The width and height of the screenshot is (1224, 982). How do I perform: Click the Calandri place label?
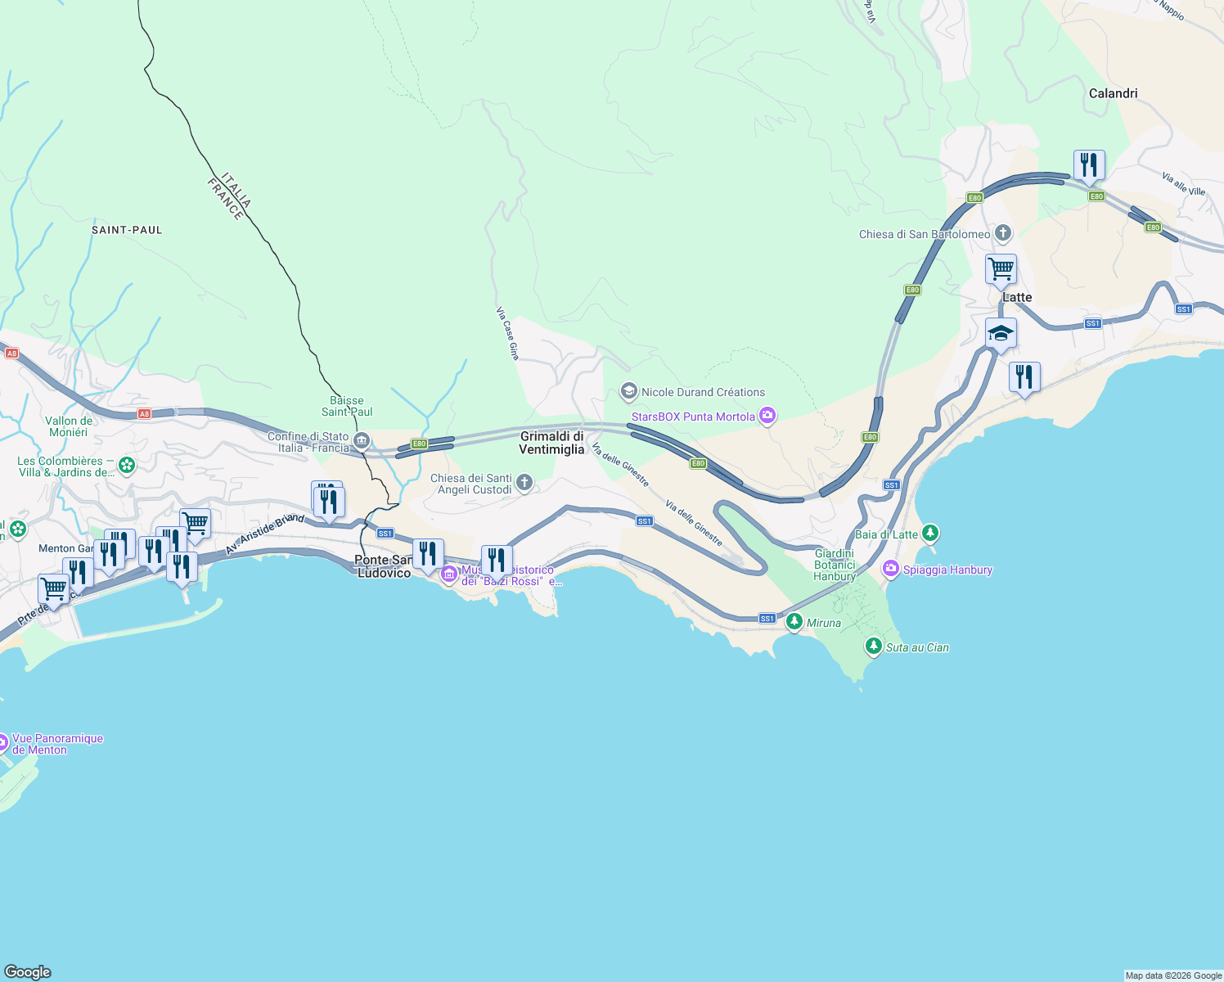pos(1113,93)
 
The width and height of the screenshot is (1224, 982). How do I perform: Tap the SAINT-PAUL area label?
pos(127,230)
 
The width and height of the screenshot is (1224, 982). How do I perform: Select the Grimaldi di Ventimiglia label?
pos(551,443)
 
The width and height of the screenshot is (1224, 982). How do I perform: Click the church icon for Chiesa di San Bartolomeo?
pos(1003,234)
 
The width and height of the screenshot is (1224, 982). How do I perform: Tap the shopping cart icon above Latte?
pos(1001,268)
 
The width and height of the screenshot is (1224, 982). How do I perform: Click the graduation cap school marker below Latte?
pos(1001,333)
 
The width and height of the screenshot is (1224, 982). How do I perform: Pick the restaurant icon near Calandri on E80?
pos(1089,165)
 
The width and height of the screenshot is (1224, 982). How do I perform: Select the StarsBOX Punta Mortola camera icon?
pos(767,417)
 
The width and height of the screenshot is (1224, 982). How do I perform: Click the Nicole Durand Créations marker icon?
pos(628,392)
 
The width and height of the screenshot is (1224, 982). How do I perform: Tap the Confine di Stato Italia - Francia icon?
pos(362,442)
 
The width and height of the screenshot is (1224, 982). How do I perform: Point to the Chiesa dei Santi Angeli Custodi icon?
pos(524,484)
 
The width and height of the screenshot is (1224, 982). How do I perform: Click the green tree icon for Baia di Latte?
pos(929,534)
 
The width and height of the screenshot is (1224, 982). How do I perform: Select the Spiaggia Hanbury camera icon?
pos(891,570)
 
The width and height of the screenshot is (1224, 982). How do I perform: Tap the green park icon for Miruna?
pos(794,623)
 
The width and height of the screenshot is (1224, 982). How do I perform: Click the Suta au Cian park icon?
pos(874,647)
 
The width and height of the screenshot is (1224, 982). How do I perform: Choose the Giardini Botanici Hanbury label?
pos(835,565)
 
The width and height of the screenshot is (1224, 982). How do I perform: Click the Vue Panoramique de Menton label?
pos(57,744)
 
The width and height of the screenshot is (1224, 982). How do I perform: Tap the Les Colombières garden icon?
pos(127,466)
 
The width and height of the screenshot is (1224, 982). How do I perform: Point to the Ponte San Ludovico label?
pos(384,566)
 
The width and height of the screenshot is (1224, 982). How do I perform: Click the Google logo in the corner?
pos(28,971)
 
